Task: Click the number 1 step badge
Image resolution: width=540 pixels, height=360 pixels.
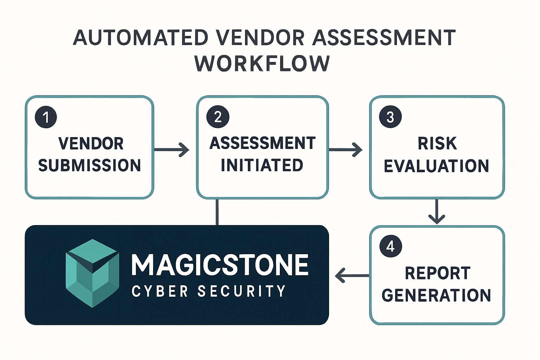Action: coord(46,117)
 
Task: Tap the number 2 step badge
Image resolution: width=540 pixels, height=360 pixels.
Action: coord(218,117)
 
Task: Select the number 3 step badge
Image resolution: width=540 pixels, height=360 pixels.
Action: coord(390,117)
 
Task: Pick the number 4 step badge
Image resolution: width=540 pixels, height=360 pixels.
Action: coord(391,246)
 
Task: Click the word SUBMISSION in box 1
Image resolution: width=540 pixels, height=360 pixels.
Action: coord(90,166)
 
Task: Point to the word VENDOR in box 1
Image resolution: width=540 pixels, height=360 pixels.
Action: coord(91,143)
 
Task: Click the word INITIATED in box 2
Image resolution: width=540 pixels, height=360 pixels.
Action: coord(262,165)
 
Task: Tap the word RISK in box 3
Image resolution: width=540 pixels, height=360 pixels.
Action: coord(437,143)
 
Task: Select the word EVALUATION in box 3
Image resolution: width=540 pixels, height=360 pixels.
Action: coord(436,166)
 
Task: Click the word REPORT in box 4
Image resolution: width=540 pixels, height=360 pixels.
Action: coord(438,273)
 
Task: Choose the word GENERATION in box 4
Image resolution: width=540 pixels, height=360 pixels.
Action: coord(436,295)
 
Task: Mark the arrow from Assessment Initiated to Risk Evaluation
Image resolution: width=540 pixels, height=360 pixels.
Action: coord(345,150)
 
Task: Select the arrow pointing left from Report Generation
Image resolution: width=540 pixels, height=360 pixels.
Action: coord(352,275)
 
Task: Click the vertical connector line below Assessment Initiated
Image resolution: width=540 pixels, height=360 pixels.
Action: coord(217,212)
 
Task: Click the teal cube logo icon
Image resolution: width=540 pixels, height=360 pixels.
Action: coord(92,273)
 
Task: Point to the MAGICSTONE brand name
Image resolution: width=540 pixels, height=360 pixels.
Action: coord(220,265)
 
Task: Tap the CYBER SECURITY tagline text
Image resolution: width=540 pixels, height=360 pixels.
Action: coord(208,291)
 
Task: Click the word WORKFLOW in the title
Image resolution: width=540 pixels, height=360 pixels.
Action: coord(262,64)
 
